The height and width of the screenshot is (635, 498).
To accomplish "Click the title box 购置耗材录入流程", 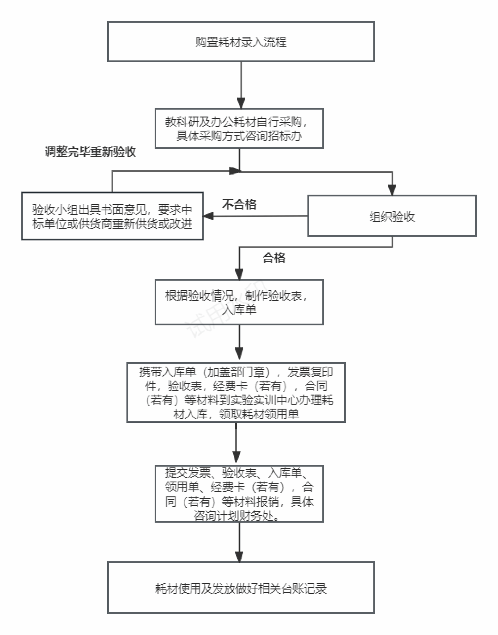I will point(241,42).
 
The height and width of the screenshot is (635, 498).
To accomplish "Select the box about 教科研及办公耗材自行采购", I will point(239,129).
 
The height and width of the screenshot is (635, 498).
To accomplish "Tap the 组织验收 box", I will point(392,216).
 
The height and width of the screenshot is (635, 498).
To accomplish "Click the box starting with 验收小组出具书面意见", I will point(112,216).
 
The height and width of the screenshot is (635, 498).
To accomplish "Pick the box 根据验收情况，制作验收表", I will point(239,302).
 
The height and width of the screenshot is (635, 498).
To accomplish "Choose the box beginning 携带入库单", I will point(236,392).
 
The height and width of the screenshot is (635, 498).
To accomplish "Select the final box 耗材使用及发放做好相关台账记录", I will point(241,588).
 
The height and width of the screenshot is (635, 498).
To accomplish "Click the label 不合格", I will point(239,205).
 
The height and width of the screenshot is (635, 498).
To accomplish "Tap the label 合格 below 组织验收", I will point(274,258).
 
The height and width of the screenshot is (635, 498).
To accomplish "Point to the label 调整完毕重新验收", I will point(90,152).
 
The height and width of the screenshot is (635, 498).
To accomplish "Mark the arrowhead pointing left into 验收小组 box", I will point(208,216).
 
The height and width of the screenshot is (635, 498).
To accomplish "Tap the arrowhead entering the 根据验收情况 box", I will point(239,274).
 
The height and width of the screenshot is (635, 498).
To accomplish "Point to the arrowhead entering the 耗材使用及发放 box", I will point(239,556).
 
